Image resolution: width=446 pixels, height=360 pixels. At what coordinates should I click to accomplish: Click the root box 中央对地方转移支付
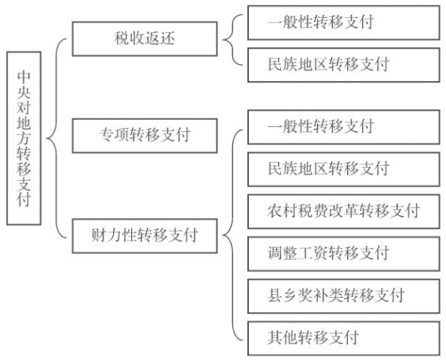click(x=24, y=138)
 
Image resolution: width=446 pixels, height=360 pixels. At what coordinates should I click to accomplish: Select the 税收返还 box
click(x=145, y=39)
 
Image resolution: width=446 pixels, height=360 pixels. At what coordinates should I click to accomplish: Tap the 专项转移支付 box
click(x=145, y=136)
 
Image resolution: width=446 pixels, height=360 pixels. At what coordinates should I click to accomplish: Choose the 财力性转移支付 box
click(x=145, y=236)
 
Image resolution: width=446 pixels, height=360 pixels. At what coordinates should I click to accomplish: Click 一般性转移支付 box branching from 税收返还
click(x=343, y=22)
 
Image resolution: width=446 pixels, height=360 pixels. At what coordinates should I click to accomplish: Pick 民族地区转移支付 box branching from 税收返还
click(x=343, y=65)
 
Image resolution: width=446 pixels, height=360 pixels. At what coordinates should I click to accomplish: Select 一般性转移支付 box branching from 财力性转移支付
click(x=343, y=127)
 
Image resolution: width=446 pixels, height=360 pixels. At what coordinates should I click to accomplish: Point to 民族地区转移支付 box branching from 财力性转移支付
click(x=343, y=169)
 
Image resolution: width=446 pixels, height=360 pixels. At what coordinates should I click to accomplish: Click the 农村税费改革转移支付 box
click(x=343, y=211)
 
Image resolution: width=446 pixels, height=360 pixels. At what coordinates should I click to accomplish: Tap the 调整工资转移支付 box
click(x=343, y=253)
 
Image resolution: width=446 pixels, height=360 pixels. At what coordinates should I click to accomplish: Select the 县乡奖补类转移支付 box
click(x=343, y=296)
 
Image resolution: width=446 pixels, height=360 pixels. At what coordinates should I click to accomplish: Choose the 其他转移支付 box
click(x=343, y=338)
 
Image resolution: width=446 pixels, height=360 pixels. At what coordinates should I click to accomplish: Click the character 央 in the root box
click(x=24, y=91)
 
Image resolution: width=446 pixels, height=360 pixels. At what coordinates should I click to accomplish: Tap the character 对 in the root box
click(x=24, y=107)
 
